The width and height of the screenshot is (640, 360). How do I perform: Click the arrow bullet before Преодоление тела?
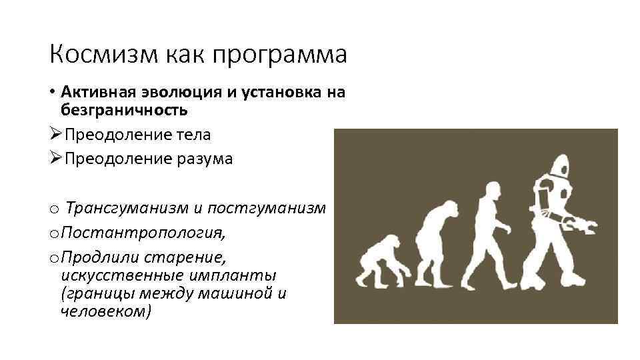coord(54,135)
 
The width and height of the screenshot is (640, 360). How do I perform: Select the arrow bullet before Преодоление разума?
coord(54,159)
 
